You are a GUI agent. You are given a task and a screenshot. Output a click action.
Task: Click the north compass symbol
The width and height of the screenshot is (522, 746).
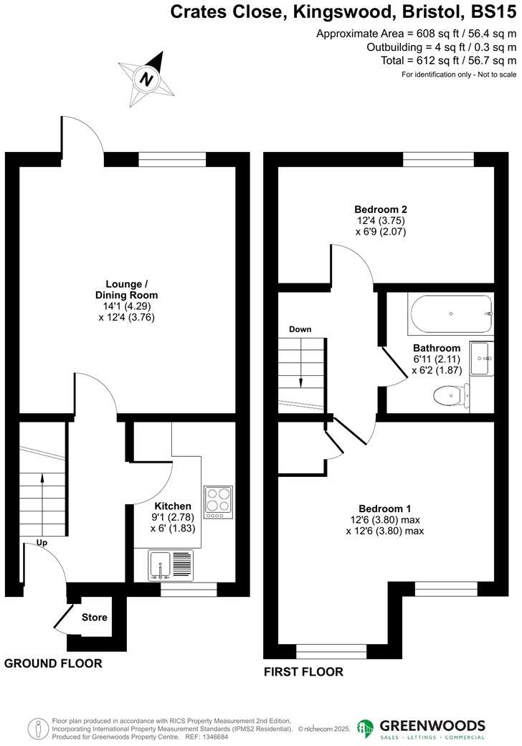(147, 79)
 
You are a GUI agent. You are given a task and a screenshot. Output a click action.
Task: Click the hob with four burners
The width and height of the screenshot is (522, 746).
(218, 502)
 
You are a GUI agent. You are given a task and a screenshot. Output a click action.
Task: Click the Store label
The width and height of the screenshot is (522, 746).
(94, 618)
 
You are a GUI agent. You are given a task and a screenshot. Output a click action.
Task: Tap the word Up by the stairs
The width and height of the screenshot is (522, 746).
(42, 543)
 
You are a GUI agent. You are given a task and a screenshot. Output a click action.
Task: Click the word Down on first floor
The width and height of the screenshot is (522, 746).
(300, 330)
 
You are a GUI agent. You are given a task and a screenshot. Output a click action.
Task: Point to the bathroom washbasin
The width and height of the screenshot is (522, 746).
(481, 357)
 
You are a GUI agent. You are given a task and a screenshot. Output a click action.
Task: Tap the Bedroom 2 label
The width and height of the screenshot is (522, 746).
(380, 209)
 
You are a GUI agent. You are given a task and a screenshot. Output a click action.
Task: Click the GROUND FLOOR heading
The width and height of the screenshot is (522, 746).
(53, 664)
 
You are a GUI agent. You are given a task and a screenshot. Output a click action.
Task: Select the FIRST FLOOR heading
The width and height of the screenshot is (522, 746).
(303, 672)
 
